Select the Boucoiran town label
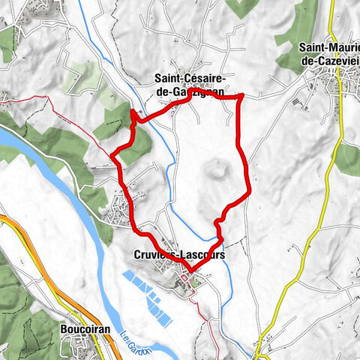tap(80, 328)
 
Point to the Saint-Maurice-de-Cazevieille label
tap(328, 54)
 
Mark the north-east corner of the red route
tap(241, 96)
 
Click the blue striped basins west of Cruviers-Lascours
tap(146, 292)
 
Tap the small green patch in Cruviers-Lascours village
tap(196, 283)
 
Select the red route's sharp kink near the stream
tap(135, 115)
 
